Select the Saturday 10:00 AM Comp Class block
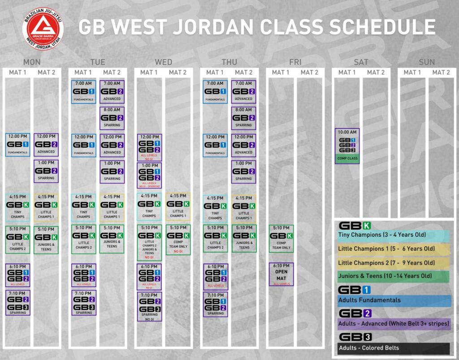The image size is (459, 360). (347, 146)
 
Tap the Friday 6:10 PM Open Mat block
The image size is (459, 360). (281, 274)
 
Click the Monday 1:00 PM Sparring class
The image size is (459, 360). (46, 171)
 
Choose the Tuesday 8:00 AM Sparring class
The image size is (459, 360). (112, 118)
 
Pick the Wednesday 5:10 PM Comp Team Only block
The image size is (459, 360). (178, 240)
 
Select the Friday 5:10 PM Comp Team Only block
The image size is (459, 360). (281, 239)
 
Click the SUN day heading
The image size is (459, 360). (427, 62)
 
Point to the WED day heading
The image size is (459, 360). (164, 62)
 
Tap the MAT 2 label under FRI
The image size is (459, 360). (309, 72)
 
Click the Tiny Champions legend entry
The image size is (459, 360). (394, 236)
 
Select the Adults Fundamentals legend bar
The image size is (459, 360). (394, 300)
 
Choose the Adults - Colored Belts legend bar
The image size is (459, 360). (394, 348)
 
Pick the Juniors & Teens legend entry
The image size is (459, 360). (394, 276)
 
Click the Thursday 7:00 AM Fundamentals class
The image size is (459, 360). (215, 92)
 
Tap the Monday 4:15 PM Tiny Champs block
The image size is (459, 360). (18, 207)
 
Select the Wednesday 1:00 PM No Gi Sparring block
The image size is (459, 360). (149, 175)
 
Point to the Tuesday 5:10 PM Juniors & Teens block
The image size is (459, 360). (112, 239)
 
